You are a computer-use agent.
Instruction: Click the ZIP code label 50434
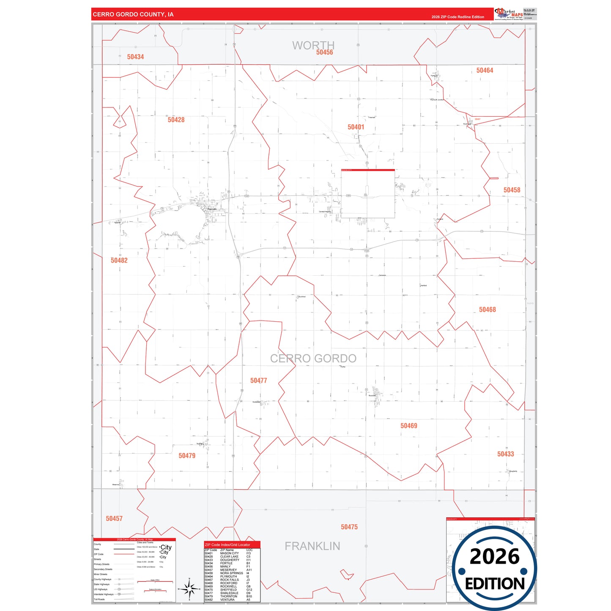coord(135,57)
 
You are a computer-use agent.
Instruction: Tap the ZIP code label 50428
coord(176,120)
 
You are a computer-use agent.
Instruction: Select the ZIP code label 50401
coord(356,127)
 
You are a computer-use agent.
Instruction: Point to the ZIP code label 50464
coord(485,70)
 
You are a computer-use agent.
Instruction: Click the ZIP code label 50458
coord(512,190)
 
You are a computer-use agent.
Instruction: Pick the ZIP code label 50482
coord(119,260)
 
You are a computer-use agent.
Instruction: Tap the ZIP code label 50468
coord(487,310)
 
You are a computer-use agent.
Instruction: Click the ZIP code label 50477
coord(258,381)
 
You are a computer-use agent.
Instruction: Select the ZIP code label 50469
coord(408,426)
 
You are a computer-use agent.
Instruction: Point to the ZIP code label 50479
coord(187,455)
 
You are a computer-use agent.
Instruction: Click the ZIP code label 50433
coord(505,454)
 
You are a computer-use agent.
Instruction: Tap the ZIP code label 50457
coord(114,518)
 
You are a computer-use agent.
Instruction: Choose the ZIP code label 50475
coord(349,527)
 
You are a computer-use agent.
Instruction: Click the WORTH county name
coord(313,45)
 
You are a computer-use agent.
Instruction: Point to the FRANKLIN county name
coord(312,546)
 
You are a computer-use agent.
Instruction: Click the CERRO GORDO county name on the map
coord(313,359)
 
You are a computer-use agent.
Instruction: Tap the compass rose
coord(189,589)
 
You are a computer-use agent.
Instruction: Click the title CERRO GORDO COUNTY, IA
coord(133,14)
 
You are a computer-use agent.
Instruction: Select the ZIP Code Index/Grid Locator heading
coord(227,545)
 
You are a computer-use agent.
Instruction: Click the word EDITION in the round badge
coord(495,584)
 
